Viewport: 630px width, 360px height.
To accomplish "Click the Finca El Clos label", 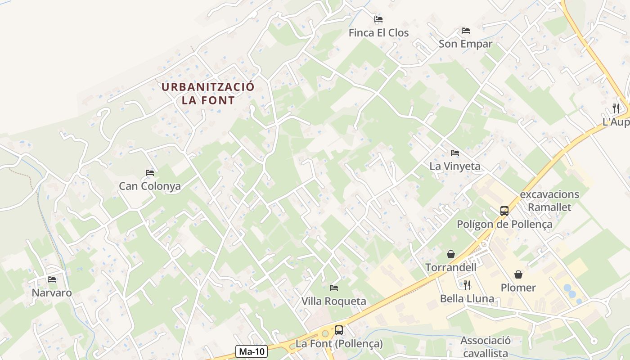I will (x=378, y=33).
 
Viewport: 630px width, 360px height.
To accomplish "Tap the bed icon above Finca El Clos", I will (x=378, y=19).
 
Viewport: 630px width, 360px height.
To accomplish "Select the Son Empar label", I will (x=465, y=44).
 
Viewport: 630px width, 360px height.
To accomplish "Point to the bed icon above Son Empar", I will (x=466, y=31).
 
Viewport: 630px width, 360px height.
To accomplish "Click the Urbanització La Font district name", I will (x=208, y=93).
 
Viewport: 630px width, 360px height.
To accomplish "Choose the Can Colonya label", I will (x=150, y=186).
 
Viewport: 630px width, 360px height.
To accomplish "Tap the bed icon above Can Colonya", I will (x=150, y=173).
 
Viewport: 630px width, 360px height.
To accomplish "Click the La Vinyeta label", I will (x=455, y=166).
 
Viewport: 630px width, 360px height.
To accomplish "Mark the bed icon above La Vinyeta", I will (x=455, y=153).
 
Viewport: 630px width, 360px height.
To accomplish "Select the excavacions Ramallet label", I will (x=549, y=201).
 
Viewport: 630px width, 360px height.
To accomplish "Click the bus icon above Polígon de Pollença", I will (x=504, y=211).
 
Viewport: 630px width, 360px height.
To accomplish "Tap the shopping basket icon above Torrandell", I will (x=451, y=255).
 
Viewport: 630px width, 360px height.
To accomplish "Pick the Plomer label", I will (x=518, y=288).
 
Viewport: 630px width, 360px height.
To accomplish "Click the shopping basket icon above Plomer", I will (x=518, y=274).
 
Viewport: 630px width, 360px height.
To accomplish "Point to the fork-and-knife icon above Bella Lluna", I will (x=467, y=285).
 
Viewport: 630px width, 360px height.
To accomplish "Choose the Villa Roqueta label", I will (x=334, y=301).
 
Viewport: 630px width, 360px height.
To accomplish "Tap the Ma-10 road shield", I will (x=252, y=351).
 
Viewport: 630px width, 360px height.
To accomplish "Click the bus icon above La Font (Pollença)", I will (x=339, y=330).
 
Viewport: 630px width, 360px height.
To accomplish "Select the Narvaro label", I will (x=52, y=293).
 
